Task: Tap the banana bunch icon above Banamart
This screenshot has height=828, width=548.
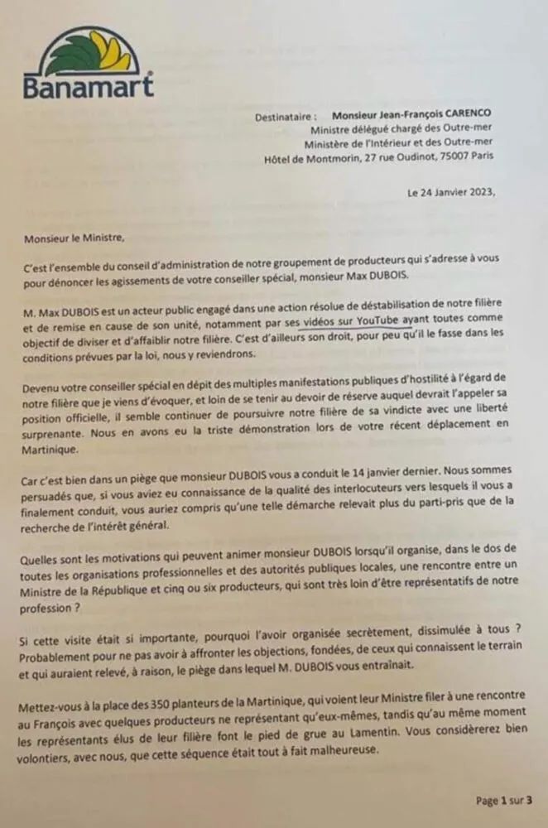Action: [x=89, y=51]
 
